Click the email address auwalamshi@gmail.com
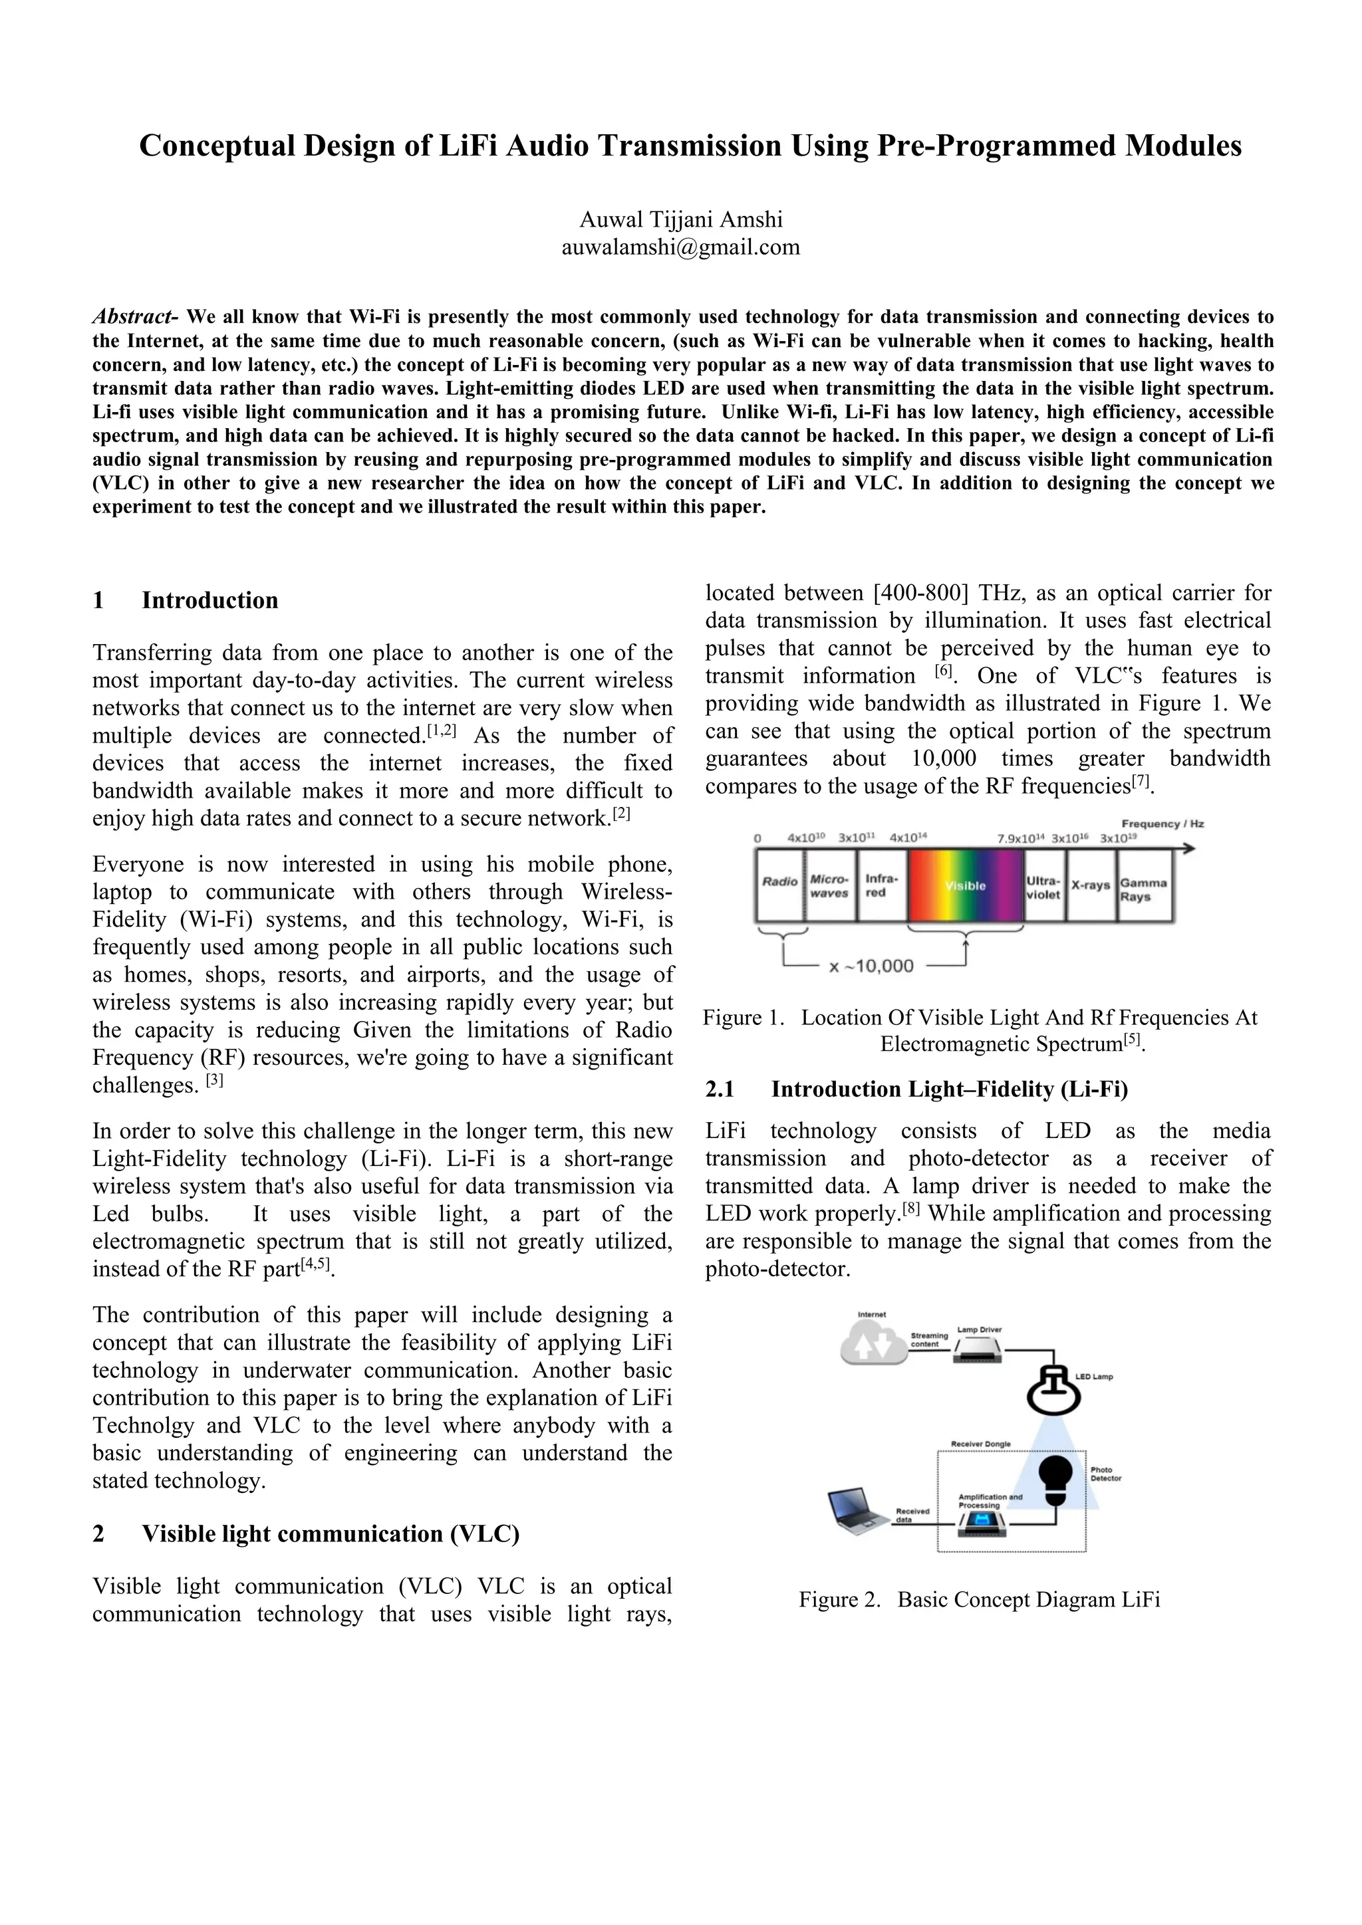tap(680, 247)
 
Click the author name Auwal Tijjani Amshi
tap(680, 219)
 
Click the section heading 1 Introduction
tap(186, 600)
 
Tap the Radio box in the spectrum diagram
tap(779, 883)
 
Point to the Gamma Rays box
tap(1143, 889)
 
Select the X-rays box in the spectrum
tap(1090, 885)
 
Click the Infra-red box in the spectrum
tap(881, 885)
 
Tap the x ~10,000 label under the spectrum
tap(871, 966)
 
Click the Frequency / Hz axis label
tap(1162, 824)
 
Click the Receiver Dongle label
tap(980, 1444)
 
